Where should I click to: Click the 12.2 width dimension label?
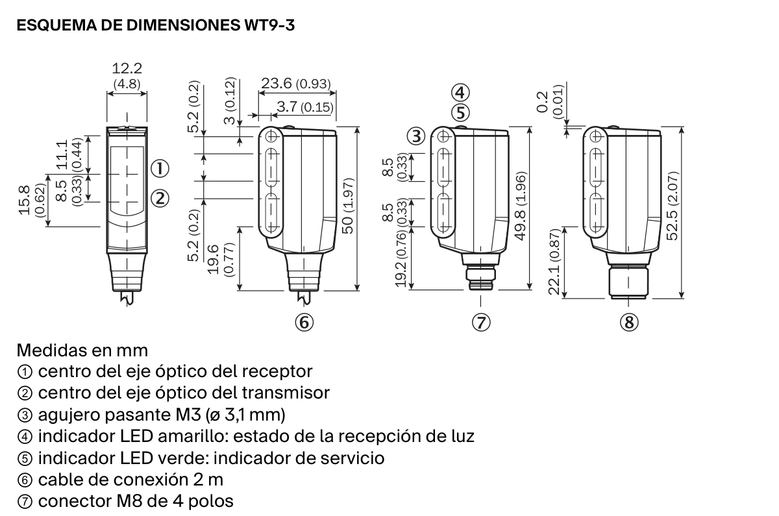[x=127, y=69]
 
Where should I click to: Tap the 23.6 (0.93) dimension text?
[x=296, y=84]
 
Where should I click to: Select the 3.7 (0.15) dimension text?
[x=305, y=106]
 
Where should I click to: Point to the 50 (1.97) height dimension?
[x=348, y=206]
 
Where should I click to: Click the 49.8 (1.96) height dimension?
[x=520, y=206]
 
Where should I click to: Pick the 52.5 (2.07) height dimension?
[x=673, y=206]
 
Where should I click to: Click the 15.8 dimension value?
[x=25, y=201]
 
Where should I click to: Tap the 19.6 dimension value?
[x=213, y=260]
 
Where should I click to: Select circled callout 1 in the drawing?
[x=160, y=169]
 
